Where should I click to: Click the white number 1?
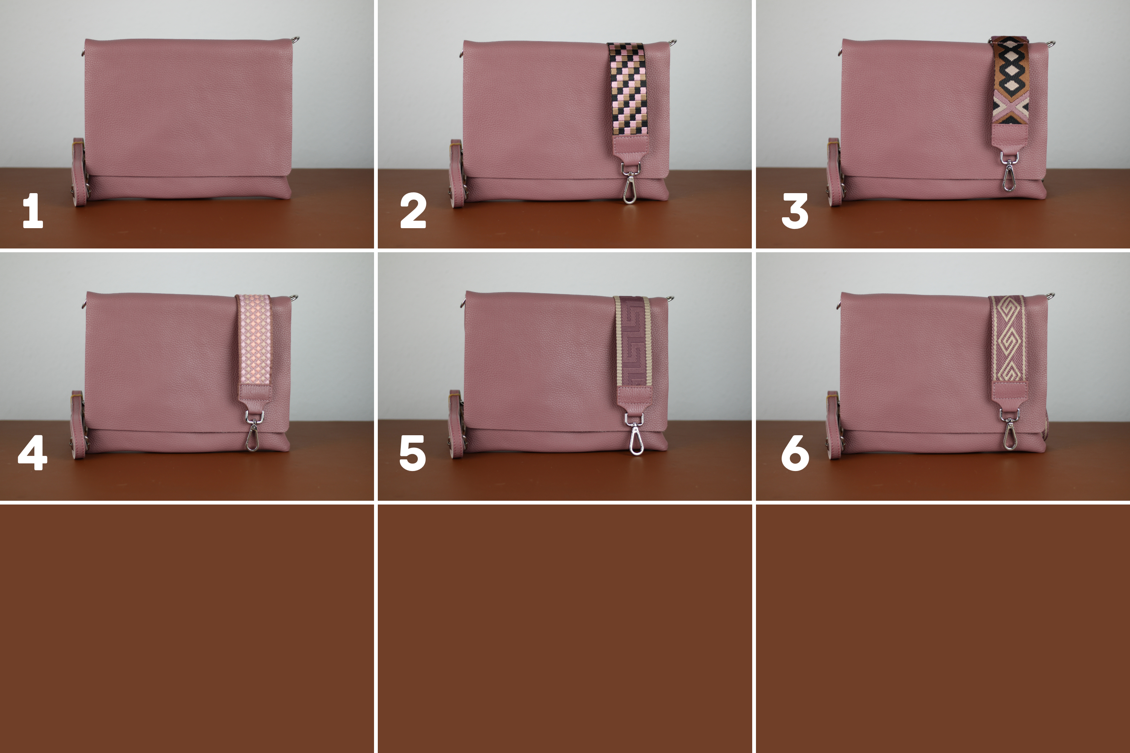click(x=33, y=210)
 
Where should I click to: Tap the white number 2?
click(x=413, y=210)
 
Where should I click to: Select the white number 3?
click(x=795, y=211)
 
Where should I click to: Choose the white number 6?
click(x=795, y=453)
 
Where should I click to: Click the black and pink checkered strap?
click(x=628, y=89)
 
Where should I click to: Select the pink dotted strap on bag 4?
click(x=255, y=340)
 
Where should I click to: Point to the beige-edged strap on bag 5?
click(x=633, y=341)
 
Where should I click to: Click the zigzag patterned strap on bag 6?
click(x=1008, y=339)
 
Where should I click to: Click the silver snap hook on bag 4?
click(x=253, y=431)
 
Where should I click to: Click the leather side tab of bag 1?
click(x=79, y=172)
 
